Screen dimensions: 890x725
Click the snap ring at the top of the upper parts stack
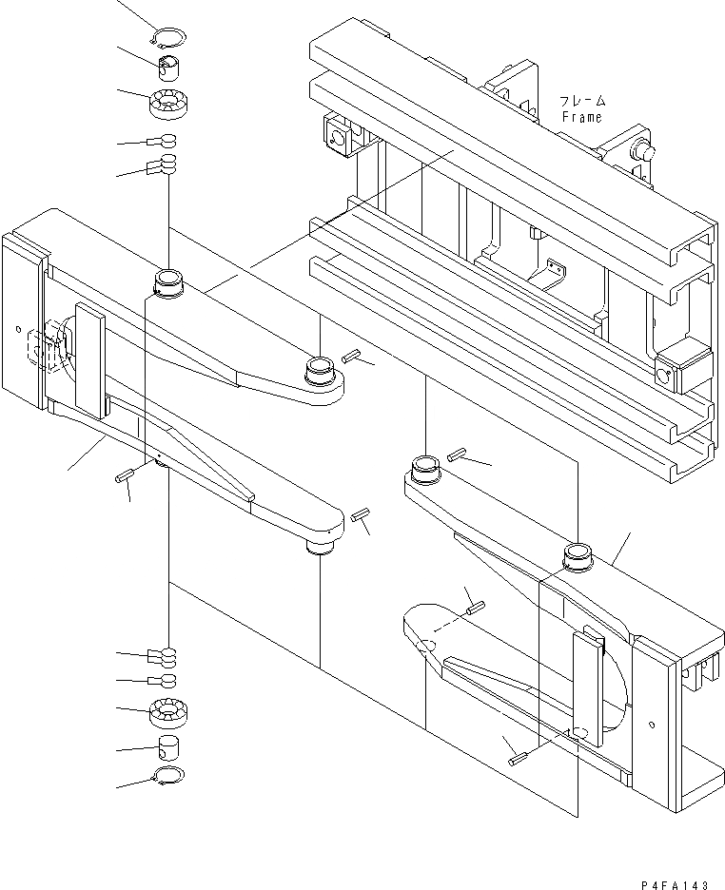pos(169,38)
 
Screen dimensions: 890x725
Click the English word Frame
pos(580,117)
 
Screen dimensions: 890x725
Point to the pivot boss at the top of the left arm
pos(168,283)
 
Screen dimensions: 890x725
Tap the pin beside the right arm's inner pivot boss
pos(455,455)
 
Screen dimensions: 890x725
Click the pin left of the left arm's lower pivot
pos(123,475)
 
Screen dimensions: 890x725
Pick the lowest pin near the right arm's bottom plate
pos(519,758)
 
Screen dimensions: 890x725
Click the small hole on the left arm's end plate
pos(19,331)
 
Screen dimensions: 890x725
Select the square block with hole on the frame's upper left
pos(336,137)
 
